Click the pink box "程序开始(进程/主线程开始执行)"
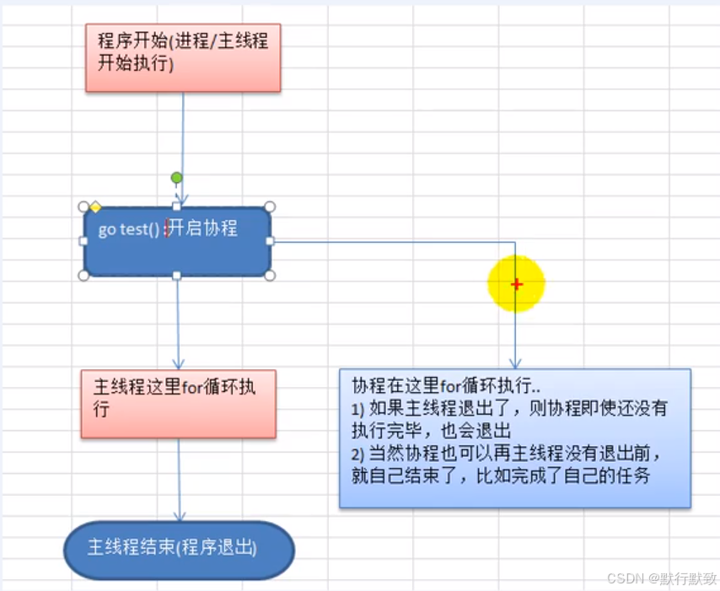(x=183, y=57)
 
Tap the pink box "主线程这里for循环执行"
(x=178, y=404)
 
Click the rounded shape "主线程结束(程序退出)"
(x=179, y=550)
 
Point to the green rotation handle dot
(x=176, y=178)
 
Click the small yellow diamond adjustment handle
(x=95, y=207)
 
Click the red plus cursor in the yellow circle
(x=516, y=284)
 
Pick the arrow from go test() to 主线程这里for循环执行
(x=178, y=325)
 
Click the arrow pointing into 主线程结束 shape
(x=179, y=481)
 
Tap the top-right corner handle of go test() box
(x=270, y=207)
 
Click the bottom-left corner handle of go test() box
(x=83, y=275)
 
